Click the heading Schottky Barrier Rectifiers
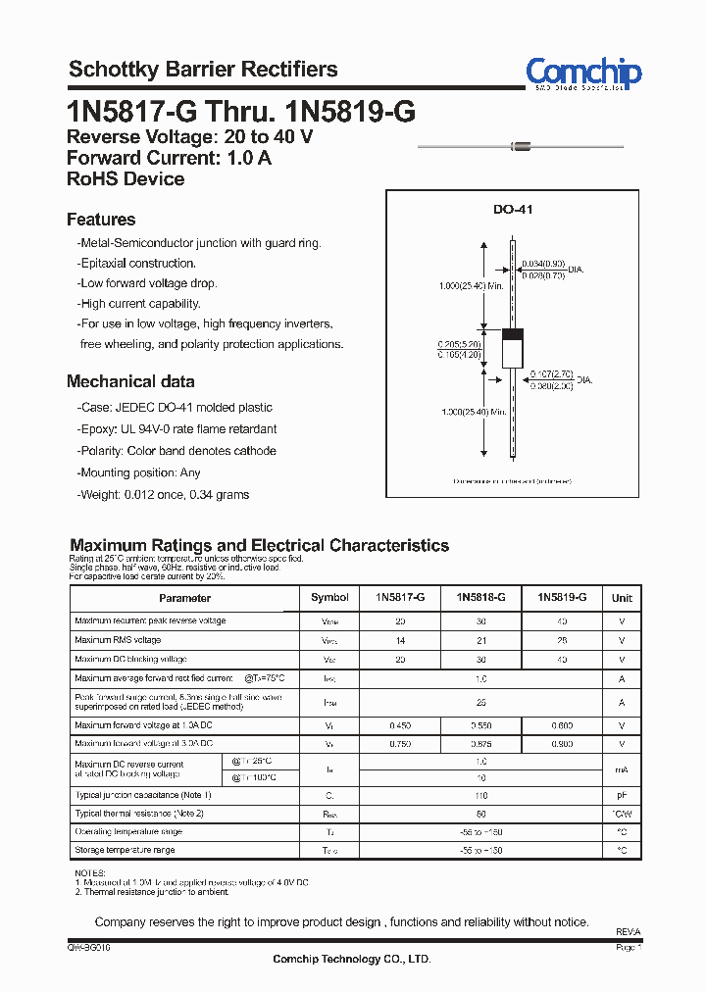tap(203, 70)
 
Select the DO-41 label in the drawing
tap(512, 210)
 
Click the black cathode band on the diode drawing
tap(512, 333)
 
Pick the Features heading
tap(101, 220)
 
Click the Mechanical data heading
tap(130, 381)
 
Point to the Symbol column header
tap(329, 598)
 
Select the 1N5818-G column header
tap(480, 597)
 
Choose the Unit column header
tap(622, 598)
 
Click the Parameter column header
tap(184, 598)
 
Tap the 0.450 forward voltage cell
tap(400, 726)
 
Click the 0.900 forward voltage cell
tap(562, 745)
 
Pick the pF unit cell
tap(622, 796)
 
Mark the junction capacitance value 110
tap(480, 796)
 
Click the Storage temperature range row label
tap(125, 850)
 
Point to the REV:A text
tap(628, 932)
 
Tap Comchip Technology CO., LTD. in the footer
tap(351, 959)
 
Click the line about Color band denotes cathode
tap(177, 451)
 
